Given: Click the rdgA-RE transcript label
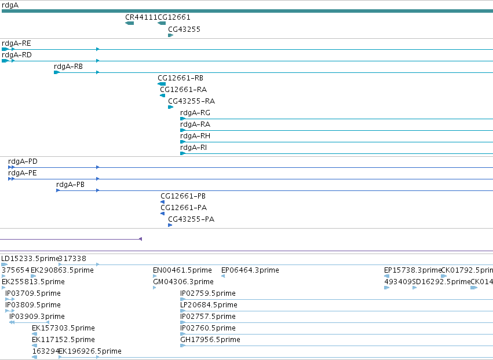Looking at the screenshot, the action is [x=16, y=43].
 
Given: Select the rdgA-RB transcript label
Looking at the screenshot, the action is [x=68, y=67].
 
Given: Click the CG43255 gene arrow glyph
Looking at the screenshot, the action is [x=171, y=35].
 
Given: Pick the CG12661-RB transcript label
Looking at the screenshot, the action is [x=181, y=78].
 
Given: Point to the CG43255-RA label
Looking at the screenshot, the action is [x=192, y=101].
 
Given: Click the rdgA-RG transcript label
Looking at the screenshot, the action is [x=195, y=113].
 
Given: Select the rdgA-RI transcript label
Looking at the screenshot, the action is [x=193, y=148].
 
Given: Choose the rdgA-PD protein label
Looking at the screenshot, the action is [x=23, y=161].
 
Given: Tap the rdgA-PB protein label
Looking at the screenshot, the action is [x=71, y=185].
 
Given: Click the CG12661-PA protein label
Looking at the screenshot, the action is [x=184, y=208].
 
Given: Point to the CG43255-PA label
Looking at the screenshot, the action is [x=191, y=219].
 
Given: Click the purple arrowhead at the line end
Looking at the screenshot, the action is [x=141, y=239].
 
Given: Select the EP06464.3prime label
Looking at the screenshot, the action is [x=250, y=270].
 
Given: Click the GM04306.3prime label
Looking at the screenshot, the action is [x=183, y=282].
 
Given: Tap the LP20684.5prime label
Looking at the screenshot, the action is [x=209, y=305].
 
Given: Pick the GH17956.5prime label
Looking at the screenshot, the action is [x=210, y=340].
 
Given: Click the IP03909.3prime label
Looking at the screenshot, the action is [x=37, y=317].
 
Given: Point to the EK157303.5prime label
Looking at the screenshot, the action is [x=64, y=328].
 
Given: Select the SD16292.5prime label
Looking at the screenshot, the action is [x=441, y=282].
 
